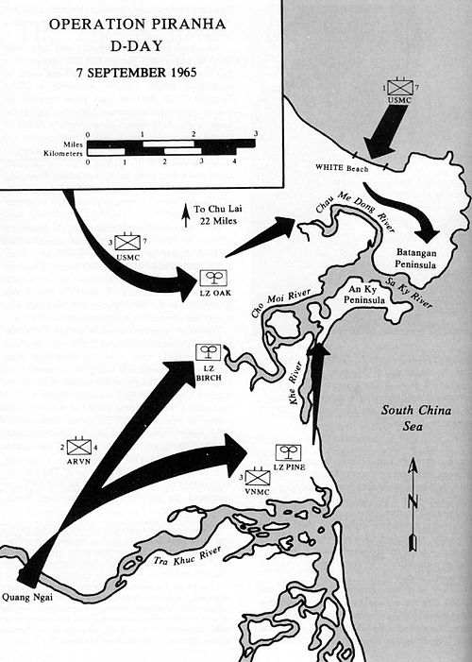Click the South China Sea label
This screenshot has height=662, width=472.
pos(416,418)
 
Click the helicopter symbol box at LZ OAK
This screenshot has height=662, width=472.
pos(212,279)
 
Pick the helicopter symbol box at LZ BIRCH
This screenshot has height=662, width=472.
pos(208,352)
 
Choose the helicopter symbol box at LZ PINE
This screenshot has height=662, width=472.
pos(288,452)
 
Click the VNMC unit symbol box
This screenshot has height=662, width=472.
pos(257,478)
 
